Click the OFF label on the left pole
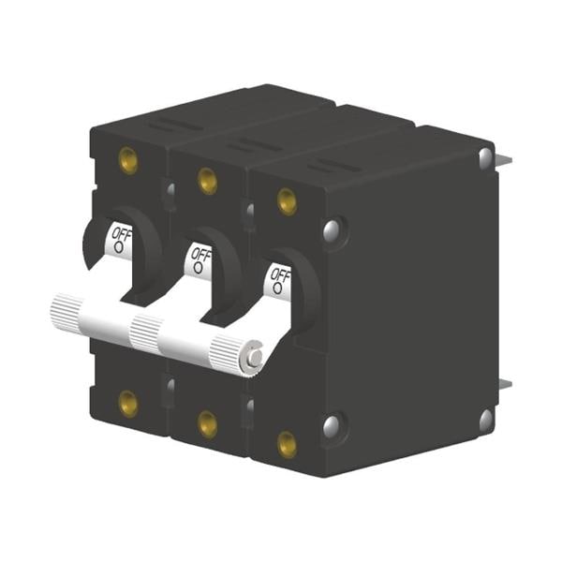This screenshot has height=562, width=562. [x=122, y=234]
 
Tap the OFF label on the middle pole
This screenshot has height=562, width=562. [x=201, y=255]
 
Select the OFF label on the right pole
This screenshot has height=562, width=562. [x=281, y=275]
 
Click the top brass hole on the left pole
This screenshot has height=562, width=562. [x=128, y=160]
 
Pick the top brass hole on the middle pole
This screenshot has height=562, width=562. [x=208, y=181]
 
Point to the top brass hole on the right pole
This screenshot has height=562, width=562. [x=288, y=201]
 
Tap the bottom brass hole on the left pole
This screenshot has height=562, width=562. [x=128, y=405]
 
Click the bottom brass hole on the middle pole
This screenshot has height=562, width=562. [x=208, y=425]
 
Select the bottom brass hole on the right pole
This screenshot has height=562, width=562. [x=288, y=445]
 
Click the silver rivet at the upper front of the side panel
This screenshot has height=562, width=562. [x=332, y=230]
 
